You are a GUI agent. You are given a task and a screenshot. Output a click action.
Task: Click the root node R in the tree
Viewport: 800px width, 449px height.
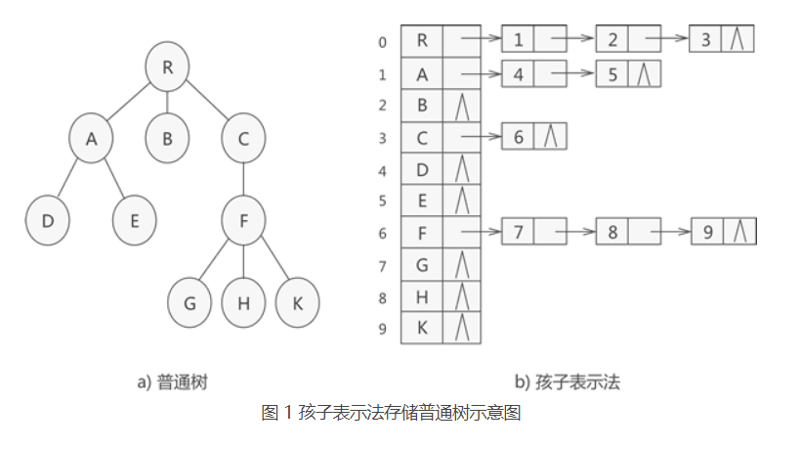coord(167,67)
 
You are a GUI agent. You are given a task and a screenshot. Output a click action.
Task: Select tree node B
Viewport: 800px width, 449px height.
coord(167,139)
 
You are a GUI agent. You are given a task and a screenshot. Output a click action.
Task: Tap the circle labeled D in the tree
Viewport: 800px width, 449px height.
coord(47,221)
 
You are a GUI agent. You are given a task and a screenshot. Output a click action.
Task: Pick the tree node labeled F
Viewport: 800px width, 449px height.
coord(242,221)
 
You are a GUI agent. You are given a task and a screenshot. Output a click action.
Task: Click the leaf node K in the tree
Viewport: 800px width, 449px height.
coord(297,303)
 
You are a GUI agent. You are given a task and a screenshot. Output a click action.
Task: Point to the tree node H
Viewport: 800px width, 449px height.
coord(242,303)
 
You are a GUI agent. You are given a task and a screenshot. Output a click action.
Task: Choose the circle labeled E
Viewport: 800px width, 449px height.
coord(134,221)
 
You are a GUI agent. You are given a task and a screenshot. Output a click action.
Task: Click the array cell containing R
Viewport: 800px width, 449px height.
coord(422,41)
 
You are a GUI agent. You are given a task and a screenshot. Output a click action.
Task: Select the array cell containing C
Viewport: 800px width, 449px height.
coord(422,138)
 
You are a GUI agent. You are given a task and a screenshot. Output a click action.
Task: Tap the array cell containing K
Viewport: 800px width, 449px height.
coord(422,329)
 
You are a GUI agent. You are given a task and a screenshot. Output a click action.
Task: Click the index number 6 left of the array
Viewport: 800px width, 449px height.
coord(383,233)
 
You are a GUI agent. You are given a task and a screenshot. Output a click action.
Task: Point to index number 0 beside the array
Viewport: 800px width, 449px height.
coord(383,42)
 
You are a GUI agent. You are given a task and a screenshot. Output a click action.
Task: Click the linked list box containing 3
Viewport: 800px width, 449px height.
coord(706,40)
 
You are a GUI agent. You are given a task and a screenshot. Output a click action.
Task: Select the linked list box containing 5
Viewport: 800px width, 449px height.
coord(611,74)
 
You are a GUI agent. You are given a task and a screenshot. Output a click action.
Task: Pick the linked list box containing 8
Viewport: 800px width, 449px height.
coord(611,233)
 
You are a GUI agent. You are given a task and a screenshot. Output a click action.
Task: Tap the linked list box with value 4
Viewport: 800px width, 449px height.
coord(518,74)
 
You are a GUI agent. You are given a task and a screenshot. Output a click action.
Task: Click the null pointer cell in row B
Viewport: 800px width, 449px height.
coord(462,106)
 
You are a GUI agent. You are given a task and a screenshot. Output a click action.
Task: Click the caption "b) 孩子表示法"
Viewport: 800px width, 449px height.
coord(567,382)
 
